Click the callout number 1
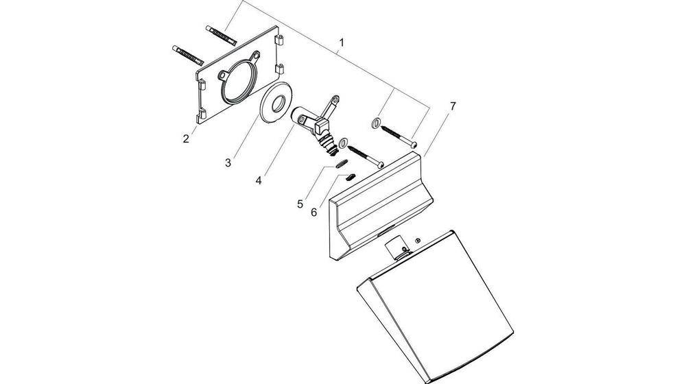(x=342, y=43)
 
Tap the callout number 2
(x=187, y=139)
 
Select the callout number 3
(x=228, y=163)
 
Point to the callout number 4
(x=259, y=180)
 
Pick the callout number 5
(x=300, y=204)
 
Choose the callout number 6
(x=314, y=213)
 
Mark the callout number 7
(x=453, y=106)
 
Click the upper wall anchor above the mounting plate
(x=221, y=35)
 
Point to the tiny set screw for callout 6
(x=350, y=177)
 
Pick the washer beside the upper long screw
(x=375, y=123)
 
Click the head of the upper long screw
(x=414, y=143)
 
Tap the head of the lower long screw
(x=380, y=165)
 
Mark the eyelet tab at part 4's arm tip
(x=335, y=100)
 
